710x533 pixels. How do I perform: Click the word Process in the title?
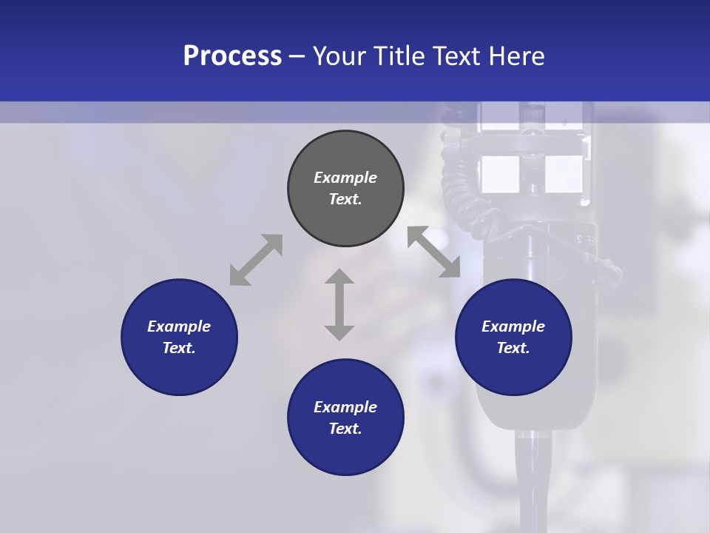[232, 56]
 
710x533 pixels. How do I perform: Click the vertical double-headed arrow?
[339, 304]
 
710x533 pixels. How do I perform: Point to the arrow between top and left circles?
[256, 260]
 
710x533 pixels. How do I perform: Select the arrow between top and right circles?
[434, 252]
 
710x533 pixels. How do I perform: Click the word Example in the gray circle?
[345, 178]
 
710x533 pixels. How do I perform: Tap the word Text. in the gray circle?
[345, 199]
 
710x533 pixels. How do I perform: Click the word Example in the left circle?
[179, 326]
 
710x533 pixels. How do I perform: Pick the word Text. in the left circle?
[179, 348]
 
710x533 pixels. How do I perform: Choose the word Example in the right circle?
[513, 326]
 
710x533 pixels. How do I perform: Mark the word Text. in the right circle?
[513, 348]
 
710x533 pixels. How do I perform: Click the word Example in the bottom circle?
[345, 407]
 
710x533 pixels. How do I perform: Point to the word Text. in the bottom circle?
[345, 429]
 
